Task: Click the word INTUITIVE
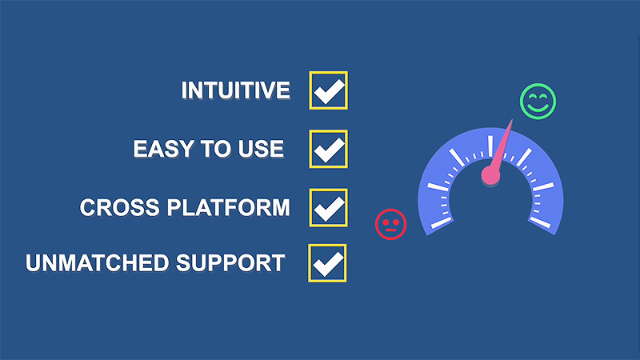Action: click(235, 90)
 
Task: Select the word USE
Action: click(261, 149)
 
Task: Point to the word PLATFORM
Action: click(229, 207)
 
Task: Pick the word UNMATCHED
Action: click(97, 263)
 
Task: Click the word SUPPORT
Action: click(230, 263)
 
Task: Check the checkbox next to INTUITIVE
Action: click(328, 90)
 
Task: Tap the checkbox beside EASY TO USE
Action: click(328, 149)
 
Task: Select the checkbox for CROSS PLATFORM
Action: click(328, 208)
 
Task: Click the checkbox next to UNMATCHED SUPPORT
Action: click(327, 263)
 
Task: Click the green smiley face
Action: click(538, 102)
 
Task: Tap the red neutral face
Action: click(390, 224)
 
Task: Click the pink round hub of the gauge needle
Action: click(490, 175)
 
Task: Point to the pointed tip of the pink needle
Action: click(512, 119)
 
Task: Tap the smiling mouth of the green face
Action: click(538, 108)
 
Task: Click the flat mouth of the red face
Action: click(390, 230)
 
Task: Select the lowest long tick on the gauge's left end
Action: click(442, 223)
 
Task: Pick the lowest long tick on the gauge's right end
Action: click(540, 222)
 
